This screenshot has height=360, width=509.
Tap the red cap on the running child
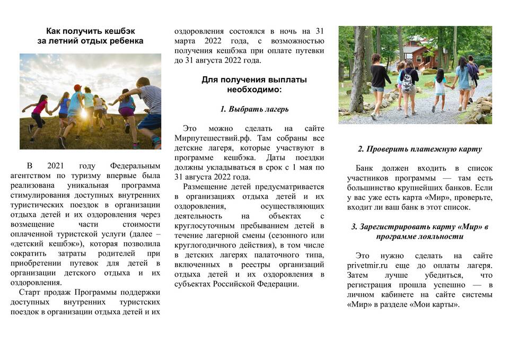pos(77,87)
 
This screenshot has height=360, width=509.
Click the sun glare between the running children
pos(83,113)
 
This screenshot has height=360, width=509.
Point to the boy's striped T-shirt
pos(151,99)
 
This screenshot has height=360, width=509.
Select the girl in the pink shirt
pos(39,108)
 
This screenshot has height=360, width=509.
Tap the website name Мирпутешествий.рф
pos(207,138)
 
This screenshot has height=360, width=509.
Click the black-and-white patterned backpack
pos(408,82)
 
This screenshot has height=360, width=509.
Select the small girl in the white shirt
pos(440,87)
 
